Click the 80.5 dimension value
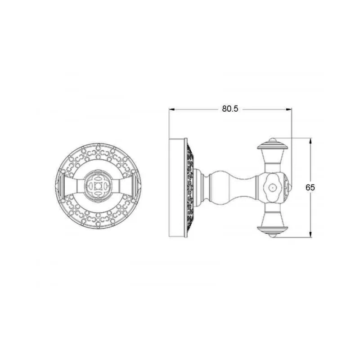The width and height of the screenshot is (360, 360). pos(230,108)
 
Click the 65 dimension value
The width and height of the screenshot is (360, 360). pos(310,188)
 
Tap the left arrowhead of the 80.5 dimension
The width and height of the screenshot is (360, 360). pos(172,109)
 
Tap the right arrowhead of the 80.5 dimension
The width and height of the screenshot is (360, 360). pos(289,109)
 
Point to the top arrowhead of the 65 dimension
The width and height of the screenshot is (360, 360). pos(310,141)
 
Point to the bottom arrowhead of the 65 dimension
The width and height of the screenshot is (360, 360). pos(310,234)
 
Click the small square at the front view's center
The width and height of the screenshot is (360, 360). pos(98,186)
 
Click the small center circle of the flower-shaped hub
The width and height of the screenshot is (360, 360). pos(272,188)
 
